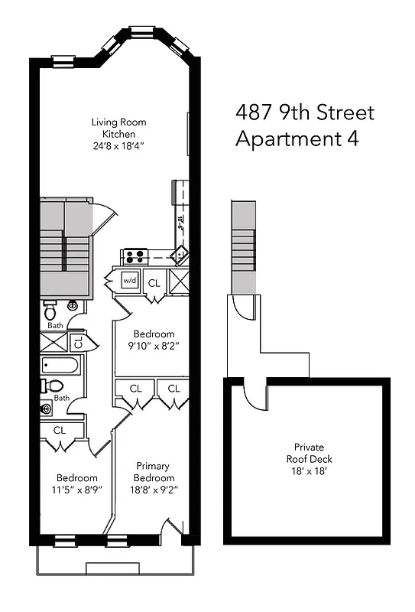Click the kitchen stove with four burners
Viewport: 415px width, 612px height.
coord(135,257)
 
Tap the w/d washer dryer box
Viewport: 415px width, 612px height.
coord(129,282)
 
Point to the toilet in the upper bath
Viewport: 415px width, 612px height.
coord(50,311)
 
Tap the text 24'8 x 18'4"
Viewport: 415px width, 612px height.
coord(118,146)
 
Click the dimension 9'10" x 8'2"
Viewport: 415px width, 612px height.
coord(154,346)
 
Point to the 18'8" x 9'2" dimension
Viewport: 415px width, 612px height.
coord(153,490)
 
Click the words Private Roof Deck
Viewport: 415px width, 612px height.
coord(309,454)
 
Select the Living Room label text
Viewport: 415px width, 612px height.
coord(118,122)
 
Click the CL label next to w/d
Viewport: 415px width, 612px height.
coord(154,282)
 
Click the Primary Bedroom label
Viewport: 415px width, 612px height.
coord(153,472)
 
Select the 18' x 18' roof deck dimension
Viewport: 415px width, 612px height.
coord(309,472)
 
